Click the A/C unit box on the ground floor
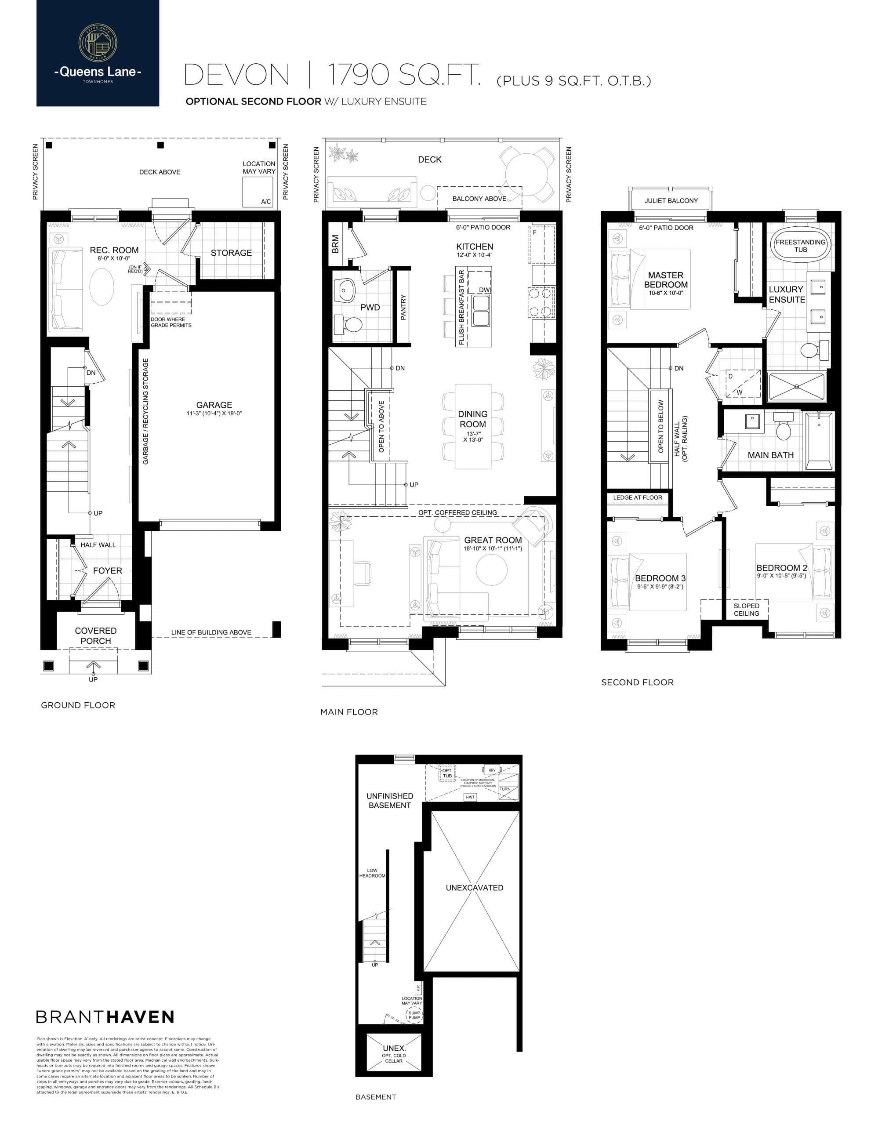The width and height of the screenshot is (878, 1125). (258, 192)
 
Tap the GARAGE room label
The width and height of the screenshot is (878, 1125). (214, 405)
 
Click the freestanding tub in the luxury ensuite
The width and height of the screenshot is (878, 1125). (800, 246)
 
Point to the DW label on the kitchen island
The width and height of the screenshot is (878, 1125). (484, 290)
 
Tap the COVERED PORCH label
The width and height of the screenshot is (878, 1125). (96, 635)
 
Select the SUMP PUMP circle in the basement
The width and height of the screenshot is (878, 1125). (414, 1015)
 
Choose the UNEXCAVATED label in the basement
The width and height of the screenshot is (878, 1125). (474, 888)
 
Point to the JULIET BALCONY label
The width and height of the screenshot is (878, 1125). (671, 200)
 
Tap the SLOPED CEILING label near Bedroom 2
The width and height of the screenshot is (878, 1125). (746, 610)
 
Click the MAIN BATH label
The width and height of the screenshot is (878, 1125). (770, 455)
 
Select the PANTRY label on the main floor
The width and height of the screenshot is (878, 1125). (403, 307)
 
